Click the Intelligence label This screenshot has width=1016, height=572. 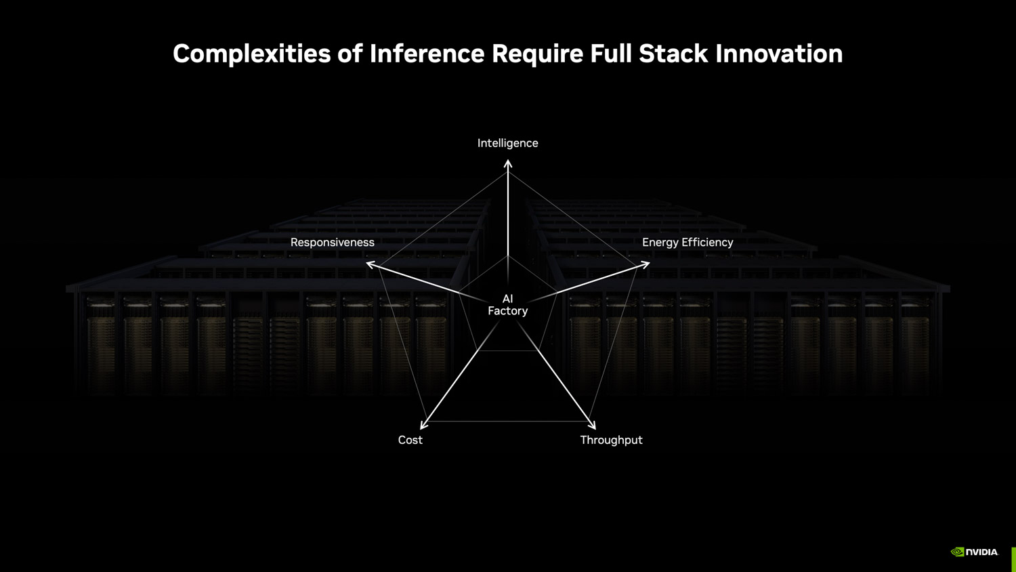[x=507, y=143]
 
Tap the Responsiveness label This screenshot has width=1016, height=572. [x=332, y=242]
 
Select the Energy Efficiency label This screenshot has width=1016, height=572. [x=687, y=242]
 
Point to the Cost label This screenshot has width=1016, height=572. [x=410, y=440]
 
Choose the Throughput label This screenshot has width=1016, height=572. [x=611, y=440]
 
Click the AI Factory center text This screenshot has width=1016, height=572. [x=507, y=305]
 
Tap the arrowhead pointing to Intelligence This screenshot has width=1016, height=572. [x=508, y=163]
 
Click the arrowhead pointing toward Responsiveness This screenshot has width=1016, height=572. [x=371, y=264]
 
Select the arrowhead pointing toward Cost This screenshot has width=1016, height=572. [x=423, y=425]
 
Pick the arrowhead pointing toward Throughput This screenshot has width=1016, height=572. [x=592, y=425]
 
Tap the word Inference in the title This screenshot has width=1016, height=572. [x=427, y=54]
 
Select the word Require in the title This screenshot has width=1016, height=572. [x=537, y=54]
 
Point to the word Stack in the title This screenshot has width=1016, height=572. [x=673, y=54]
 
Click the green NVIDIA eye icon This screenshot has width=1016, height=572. [x=958, y=552]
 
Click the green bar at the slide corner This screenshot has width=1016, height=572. [x=1013, y=559]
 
